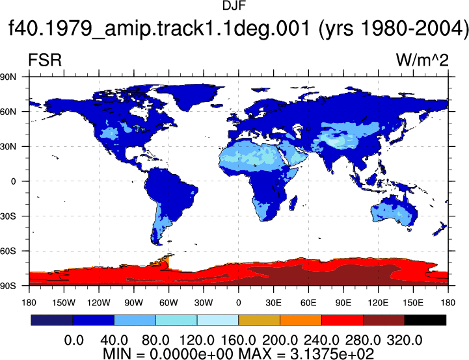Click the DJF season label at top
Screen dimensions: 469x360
click(x=234, y=6)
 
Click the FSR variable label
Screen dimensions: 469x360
click(x=45, y=60)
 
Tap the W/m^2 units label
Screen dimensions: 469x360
click(x=422, y=60)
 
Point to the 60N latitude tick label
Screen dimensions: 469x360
click(x=8, y=112)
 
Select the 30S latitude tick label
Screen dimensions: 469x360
click(x=8, y=216)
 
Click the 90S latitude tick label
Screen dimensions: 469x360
click(x=8, y=286)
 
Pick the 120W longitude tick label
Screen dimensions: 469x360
click(x=99, y=303)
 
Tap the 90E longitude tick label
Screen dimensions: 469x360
click(x=343, y=303)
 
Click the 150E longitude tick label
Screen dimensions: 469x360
click(x=413, y=303)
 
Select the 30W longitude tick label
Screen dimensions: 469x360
click(x=204, y=303)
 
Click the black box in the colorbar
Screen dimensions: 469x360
click(x=425, y=320)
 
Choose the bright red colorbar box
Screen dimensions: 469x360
click(x=342, y=320)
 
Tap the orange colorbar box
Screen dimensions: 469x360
click(x=301, y=320)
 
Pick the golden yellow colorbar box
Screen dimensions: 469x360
click(x=259, y=320)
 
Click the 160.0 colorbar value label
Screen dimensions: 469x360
click(x=238, y=341)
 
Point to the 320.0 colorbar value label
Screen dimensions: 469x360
click(x=405, y=341)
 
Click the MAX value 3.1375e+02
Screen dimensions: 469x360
click(x=332, y=354)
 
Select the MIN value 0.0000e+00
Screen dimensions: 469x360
click(x=191, y=354)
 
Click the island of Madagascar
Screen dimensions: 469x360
click(x=293, y=203)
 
